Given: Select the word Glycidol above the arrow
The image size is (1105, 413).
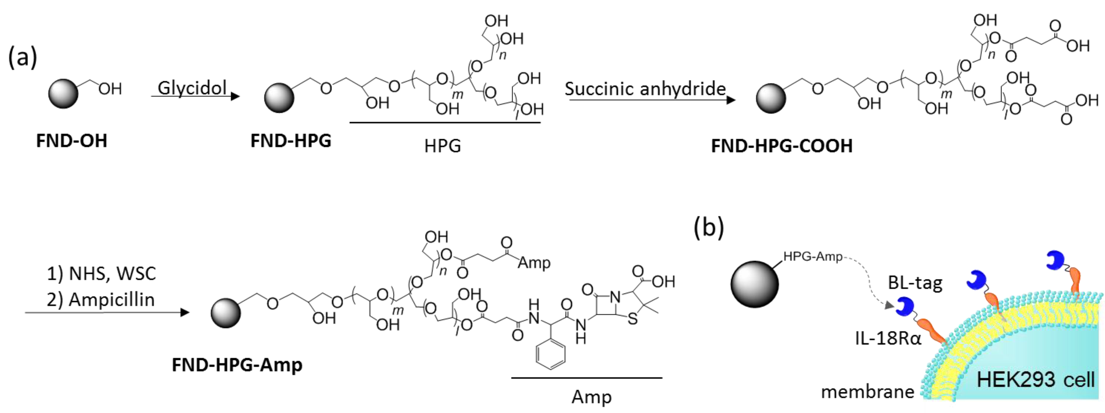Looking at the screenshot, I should pyautogui.click(x=192, y=88).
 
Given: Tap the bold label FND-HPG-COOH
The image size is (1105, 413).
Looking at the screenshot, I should pyautogui.click(x=782, y=146).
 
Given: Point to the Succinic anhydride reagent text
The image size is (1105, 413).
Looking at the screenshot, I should pyautogui.click(x=645, y=89).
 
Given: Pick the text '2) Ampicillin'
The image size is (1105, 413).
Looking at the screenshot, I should pyautogui.click(x=101, y=300).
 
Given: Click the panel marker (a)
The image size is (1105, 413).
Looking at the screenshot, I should pyautogui.click(x=22, y=57).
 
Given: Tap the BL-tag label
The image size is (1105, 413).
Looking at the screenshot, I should pyautogui.click(x=915, y=283).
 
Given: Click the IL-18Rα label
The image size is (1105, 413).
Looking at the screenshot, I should pyautogui.click(x=888, y=338).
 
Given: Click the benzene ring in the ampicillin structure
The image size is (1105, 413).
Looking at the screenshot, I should pyautogui.click(x=550, y=354).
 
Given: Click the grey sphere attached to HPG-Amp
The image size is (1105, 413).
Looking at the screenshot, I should pyautogui.click(x=755, y=285).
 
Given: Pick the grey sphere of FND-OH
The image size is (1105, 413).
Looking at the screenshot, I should pyautogui.click(x=63, y=93).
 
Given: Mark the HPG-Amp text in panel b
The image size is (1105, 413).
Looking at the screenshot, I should pyautogui.click(x=812, y=256).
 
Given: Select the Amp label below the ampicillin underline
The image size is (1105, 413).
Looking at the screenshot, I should pyautogui.click(x=591, y=397).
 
